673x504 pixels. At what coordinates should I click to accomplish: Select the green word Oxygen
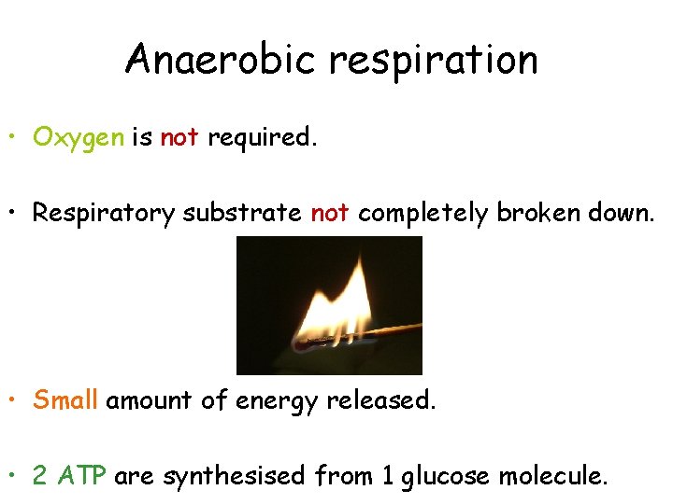(79, 138)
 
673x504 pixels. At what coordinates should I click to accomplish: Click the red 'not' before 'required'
(179, 137)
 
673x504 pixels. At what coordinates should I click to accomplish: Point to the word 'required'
(260, 138)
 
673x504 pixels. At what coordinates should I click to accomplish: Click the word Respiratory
(104, 214)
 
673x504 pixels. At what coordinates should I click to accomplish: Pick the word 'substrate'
(242, 213)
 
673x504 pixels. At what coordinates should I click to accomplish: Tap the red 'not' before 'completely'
(330, 213)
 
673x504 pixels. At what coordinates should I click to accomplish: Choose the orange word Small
(65, 400)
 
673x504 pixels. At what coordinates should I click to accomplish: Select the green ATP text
(86, 477)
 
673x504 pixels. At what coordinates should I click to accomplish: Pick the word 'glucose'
(447, 478)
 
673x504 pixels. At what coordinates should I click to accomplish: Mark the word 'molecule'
(553, 477)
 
